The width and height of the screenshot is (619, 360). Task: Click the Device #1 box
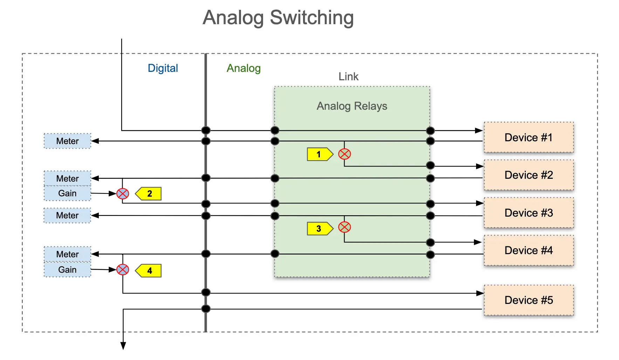tap(528, 137)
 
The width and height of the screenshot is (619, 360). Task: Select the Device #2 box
tap(528, 175)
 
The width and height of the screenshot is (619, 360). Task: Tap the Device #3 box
tap(528, 213)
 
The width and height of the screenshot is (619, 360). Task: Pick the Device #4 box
tap(528, 250)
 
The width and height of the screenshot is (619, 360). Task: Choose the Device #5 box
tap(528, 300)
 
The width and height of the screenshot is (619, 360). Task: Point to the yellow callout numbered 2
tap(149, 193)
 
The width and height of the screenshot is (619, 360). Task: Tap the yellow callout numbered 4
tap(149, 271)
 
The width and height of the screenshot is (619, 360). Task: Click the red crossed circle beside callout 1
tap(344, 154)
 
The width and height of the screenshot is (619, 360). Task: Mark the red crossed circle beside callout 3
tap(344, 227)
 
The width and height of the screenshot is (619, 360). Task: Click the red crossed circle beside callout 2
tap(123, 193)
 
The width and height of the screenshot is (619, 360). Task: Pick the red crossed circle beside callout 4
tap(123, 270)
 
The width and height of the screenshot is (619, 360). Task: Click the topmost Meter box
tap(67, 141)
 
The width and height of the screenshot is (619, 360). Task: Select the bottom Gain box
tap(67, 270)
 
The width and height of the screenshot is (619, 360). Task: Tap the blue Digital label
tap(163, 68)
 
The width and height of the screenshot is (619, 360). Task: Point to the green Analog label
tap(243, 68)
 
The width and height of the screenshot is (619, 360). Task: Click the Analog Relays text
tap(352, 106)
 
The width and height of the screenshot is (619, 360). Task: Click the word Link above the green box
tap(348, 76)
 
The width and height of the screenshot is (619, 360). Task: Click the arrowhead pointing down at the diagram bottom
tap(123, 346)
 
